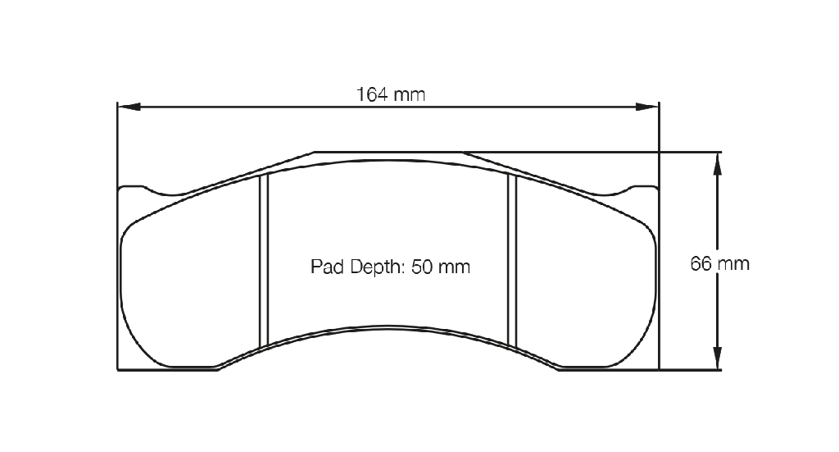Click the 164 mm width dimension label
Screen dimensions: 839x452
click(x=391, y=95)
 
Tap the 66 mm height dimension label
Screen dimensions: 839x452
click(x=719, y=263)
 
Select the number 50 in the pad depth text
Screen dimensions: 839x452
click(x=422, y=267)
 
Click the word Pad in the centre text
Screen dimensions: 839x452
click(x=326, y=267)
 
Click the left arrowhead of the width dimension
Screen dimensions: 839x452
click(x=129, y=107)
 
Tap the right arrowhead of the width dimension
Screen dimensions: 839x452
click(x=647, y=107)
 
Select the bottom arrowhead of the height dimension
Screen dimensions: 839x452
click(x=718, y=358)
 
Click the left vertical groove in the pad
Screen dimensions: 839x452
click(x=263, y=262)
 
